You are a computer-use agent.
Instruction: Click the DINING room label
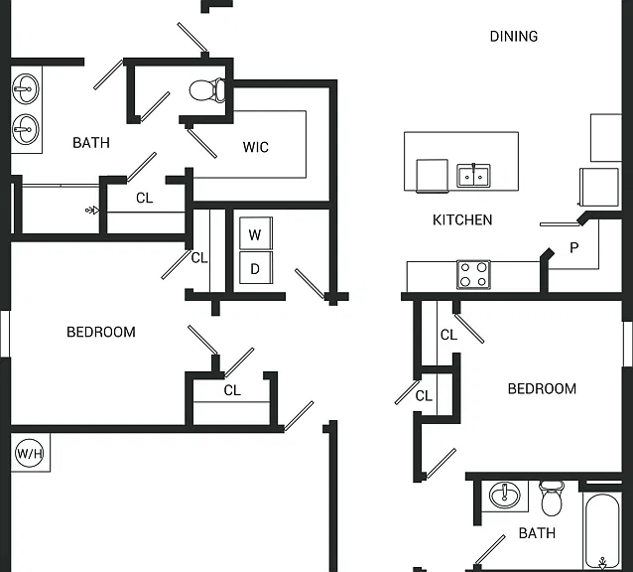click(x=514, y=37)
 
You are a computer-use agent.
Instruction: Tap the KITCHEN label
click(x=462, y=220)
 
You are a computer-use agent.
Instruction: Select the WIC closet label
click(x=256, y=147)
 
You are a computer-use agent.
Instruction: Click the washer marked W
click(x=256, y=233)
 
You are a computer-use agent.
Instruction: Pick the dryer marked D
click(x=256, y=267)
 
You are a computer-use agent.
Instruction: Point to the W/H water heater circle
click(x=30, y=453)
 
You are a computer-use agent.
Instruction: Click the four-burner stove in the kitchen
click(x=474, y=274)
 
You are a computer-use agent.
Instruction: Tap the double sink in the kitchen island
click(x=473, y=176)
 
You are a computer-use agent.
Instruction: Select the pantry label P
click(x=573, y=247)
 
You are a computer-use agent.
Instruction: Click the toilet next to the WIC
click(x=207, y=90)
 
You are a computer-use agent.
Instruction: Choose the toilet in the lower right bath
click(x=552, y=499)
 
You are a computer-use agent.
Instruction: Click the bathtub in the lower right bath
click(x=602, y=530)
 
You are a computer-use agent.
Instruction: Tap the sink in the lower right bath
click(x=505, y=496)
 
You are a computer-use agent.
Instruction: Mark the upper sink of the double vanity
click(x=26, y=88)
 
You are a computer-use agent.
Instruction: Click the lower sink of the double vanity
click(x=26, y=129)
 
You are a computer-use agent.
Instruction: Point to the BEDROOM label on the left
click(x=101, y=332)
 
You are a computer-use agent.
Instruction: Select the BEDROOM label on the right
click(x=542, y=388)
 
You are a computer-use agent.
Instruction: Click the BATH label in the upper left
click(x=91, y=143)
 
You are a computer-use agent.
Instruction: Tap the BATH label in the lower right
click(x=537, y=533)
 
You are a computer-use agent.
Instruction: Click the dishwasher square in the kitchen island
click(x=432, y=176)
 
